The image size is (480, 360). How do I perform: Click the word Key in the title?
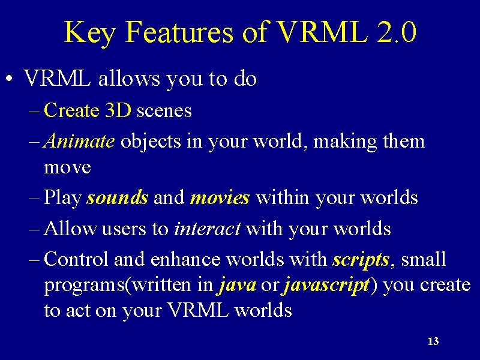(x=89, y=33)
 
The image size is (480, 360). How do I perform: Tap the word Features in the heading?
(x=179, y=32)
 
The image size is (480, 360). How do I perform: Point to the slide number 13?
(x=433, y=341)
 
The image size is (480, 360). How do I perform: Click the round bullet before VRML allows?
(x=10, y=79)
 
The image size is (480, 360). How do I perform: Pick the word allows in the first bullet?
(x=129, y=78)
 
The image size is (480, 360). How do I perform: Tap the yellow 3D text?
(x=118, y=110)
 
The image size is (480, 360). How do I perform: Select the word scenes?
(x=164, y=111)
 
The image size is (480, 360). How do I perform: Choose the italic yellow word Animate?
(x=79, y=141)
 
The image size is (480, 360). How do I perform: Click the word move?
(x=67, y=168)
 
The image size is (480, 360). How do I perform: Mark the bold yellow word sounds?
(x=118, y=197)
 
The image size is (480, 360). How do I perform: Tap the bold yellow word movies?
(x=220, y=197)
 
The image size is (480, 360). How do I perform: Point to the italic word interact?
(x=207, y=229)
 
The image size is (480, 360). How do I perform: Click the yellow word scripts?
(x=361, y=260)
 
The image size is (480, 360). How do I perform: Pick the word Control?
(x=76, y=259)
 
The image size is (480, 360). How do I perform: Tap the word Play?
(x=62, y=197)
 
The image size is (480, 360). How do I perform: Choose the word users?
(x=124, y=229)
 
